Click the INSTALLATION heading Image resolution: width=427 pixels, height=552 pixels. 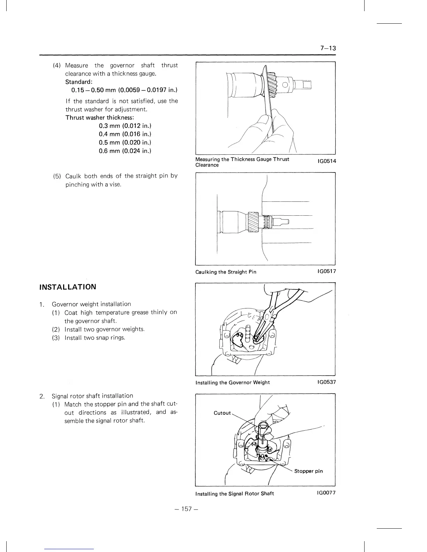[68, 287]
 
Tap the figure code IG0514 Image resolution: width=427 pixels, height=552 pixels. [327, 161]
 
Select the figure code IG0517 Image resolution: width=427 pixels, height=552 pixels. [327, 271]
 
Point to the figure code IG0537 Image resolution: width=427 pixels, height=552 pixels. [327, 382]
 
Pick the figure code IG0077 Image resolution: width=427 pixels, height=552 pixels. [327, 493]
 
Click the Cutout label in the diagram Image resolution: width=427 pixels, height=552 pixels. [222, 413]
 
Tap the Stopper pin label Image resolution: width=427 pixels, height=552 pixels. [308, 471]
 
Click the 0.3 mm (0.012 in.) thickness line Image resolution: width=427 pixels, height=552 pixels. [125, 126]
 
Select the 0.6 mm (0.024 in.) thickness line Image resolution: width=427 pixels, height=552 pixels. [125, 151]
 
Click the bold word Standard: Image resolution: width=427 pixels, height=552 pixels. [79, 82]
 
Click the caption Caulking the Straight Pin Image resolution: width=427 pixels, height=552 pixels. [226, 272]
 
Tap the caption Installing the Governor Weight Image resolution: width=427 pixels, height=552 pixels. [232, 382]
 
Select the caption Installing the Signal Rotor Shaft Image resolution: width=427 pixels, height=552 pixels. [234, 493]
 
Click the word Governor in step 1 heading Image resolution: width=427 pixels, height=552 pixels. [63, 304]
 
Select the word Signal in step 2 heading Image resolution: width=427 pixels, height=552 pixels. [60, 396]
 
